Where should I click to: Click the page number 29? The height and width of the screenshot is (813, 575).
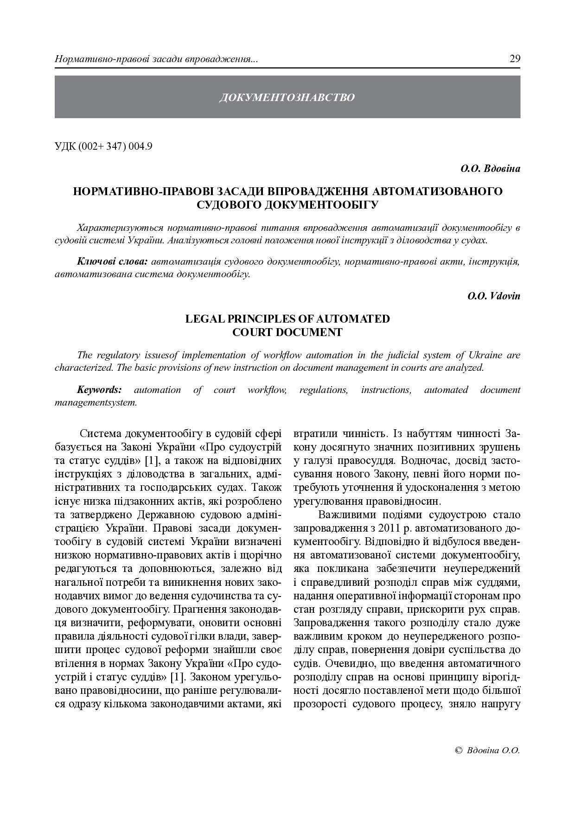click(x=515, y=59)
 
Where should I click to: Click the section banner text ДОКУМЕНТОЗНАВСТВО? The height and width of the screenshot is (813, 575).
click(x=287, y=97)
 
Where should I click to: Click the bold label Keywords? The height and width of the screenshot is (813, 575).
click(x=99, y=390)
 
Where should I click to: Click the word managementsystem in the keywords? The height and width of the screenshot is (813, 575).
click(x=96, y=402)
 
